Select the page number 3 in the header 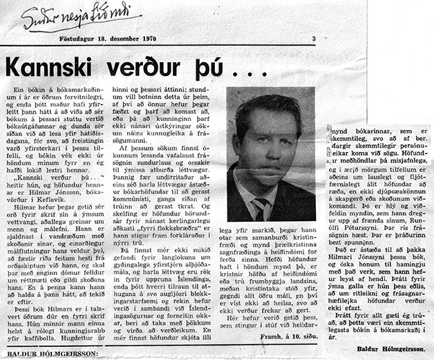313,39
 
